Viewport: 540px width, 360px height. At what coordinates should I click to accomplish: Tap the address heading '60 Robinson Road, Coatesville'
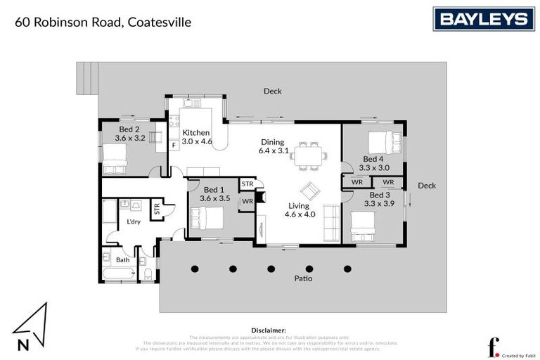point(103,22)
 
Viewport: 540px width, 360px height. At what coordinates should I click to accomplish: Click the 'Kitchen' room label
point(196,133)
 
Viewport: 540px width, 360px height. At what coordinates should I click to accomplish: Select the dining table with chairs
point(309,155)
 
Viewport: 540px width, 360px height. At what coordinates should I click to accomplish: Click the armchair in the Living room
point(309,191)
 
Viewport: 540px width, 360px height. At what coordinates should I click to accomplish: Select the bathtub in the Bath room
point(122,272)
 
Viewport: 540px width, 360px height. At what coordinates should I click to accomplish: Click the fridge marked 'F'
point(174,145)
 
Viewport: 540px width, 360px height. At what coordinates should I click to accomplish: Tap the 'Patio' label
point(304,278)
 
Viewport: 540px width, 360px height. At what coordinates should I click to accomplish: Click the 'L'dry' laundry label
point(134,221)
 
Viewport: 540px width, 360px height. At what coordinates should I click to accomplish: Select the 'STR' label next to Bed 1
point(247,184)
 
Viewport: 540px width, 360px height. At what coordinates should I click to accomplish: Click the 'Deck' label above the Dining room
point(273,91)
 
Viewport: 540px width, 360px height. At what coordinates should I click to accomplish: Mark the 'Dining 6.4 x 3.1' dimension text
point(274,146)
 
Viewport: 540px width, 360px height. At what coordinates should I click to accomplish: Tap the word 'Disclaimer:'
point(269,330)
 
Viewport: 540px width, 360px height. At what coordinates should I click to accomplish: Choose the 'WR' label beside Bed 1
point(247,202)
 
